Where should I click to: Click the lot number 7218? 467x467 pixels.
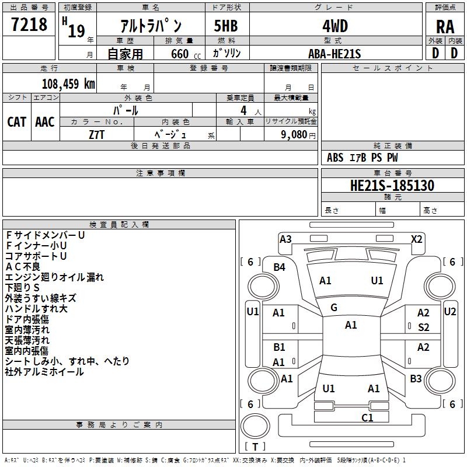30,25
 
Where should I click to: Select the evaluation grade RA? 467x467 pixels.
445,27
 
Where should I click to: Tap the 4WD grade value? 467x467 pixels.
335,26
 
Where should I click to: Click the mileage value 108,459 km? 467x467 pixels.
68,83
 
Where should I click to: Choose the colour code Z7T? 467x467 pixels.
97,134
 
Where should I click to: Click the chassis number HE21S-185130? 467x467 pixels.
392,186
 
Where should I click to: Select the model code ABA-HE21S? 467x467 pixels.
334,54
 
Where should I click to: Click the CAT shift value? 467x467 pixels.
17,122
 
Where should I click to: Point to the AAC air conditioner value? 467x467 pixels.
45,122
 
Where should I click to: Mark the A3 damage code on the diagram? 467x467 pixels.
285,239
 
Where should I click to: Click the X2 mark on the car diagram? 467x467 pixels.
416,239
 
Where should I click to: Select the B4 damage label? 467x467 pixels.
280,267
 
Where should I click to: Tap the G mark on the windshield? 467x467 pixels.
334,308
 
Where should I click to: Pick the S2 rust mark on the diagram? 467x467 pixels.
423,327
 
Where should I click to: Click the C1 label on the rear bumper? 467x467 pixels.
367,417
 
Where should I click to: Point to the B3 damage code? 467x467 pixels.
416,379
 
